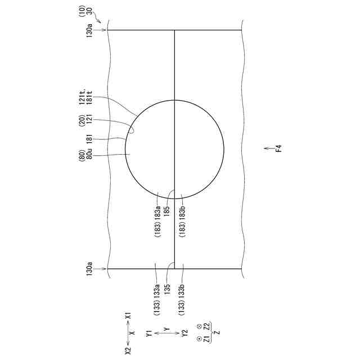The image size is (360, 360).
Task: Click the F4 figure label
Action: tap(278, 148)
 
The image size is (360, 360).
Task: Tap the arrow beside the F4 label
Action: tap(267, 148)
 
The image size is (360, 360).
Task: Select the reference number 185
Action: tap(167, 210)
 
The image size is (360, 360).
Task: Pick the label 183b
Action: tap(182, 213)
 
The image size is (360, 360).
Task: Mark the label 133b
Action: tap(182, 292)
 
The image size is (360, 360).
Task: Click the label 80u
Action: tap(89, 154)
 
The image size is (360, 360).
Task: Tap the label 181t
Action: tap(89, 97)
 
